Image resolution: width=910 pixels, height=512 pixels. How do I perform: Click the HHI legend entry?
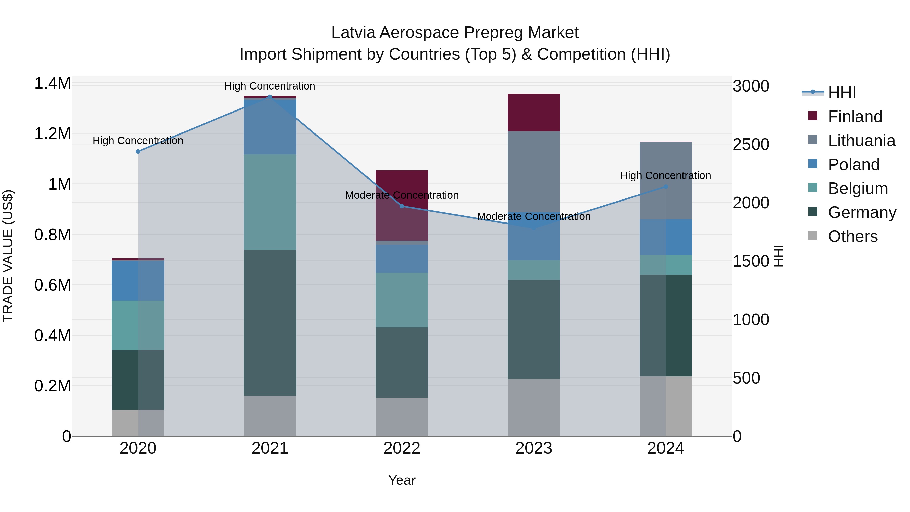click(x=841, y=93)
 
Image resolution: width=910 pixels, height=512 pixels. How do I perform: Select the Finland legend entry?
click(x=855, y=117)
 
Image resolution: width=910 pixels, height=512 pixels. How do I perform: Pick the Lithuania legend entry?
click(x=861, y=141)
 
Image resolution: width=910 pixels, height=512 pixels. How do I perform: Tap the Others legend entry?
click(x=852, y=236)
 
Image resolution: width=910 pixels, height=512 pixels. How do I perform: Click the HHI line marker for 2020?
click(x=138, y=152)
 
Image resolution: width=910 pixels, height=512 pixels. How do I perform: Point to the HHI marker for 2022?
click(x=402, y=206)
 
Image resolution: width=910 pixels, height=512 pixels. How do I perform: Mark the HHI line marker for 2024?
click(x=666, y=187)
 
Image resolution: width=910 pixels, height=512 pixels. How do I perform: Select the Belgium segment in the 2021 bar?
click(x=270, y=202)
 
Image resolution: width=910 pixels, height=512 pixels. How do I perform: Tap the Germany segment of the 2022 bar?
click(x=402, y=363)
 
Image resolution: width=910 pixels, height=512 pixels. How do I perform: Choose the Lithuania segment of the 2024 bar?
click(x=666, y=180)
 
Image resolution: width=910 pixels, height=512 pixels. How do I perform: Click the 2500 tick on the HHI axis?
click(x=751, y=145)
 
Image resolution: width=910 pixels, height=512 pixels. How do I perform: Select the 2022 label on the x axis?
click(x=402, y=448)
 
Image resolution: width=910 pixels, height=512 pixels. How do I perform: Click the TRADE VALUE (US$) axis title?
click(x=8, y=256)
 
